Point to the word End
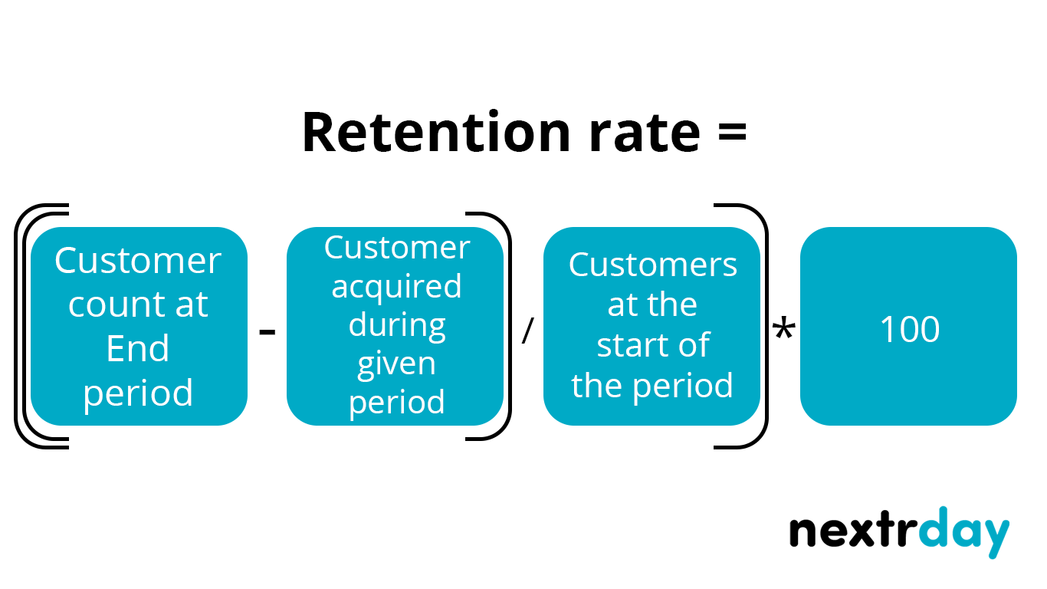[138, 349]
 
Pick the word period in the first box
[138, 393]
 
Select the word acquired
[396, 286]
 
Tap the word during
[396, 324]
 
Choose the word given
[396, 364]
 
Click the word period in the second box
[396, 402]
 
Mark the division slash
[527, 331]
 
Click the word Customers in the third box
[652, 265]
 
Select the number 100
[909, 330]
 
